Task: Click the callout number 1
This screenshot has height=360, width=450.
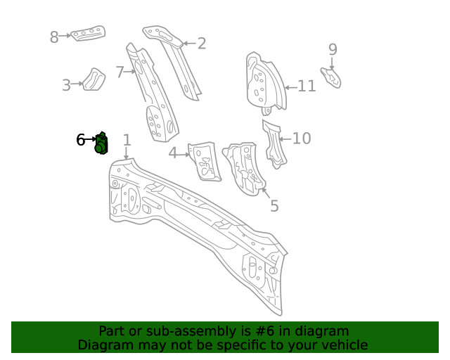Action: click(x=127, y=140)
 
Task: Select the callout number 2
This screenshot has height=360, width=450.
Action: click(x=202, y=44)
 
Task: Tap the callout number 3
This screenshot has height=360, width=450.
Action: click(x=66, y=85)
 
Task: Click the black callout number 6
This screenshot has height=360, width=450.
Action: click(x=81, y=140)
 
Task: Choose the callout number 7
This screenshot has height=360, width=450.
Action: click(x=120, y=71)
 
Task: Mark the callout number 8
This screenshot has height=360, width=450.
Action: click(x=54, y=37)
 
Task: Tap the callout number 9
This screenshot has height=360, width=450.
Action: click(x=333, y=49)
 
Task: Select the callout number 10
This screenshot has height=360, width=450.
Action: click(x=302, y=138)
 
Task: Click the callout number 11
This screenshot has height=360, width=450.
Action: click(x=307, y=86)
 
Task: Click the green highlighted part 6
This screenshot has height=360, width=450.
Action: click(x=101, y=143)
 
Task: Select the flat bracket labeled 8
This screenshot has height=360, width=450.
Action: click(x=88, y=34)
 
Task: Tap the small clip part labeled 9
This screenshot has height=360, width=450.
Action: click(x=332, y=77)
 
